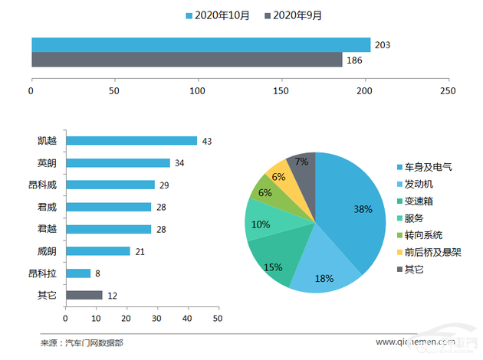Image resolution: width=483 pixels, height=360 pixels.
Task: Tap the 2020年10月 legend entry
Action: [x=218, y=15]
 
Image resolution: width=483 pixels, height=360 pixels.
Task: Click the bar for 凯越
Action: [x=131, y=141]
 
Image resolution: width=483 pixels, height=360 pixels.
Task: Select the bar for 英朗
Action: [x=117, y=163]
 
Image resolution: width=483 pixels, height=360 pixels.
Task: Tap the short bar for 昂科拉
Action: [x=78, y=273]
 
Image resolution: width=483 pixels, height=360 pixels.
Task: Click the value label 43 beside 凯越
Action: [x=206, y=142]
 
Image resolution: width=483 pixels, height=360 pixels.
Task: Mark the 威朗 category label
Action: [x=47, y=251]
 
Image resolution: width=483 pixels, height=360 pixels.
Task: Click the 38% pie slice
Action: [x=353, y=207]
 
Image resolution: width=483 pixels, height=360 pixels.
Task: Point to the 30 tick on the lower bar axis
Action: [x=156, y=318]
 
